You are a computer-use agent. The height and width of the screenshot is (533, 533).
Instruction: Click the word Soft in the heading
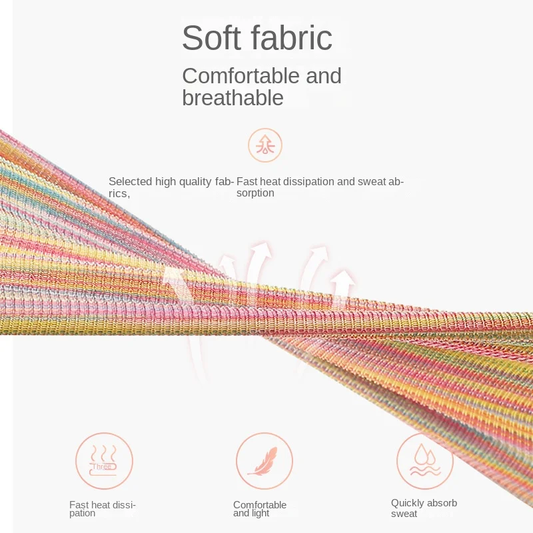(211, 37)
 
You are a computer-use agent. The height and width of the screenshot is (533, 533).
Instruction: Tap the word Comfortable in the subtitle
(242, 75)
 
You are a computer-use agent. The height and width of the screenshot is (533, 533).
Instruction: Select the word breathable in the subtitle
(233, 97)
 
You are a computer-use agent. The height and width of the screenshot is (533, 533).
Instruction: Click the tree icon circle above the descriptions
(265, 145)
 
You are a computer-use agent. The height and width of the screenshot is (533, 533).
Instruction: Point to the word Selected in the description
(130, 181)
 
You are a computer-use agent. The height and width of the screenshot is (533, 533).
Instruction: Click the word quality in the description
(195, 182)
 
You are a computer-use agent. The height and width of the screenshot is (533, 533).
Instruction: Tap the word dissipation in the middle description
(308, 182)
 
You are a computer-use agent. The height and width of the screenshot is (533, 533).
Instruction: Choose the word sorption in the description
(255, 193)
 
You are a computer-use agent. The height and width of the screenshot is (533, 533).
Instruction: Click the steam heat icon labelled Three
(104, 461)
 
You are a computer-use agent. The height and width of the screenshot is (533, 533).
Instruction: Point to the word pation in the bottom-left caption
(82, 513)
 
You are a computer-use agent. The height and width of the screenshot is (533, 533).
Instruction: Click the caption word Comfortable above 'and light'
(260, 505)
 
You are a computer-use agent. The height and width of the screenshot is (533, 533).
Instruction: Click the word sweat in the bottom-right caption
(404, 514)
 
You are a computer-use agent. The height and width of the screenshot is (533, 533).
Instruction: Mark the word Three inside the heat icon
(102, 467)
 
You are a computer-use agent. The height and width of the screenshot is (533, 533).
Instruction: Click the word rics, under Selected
(119, 193)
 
